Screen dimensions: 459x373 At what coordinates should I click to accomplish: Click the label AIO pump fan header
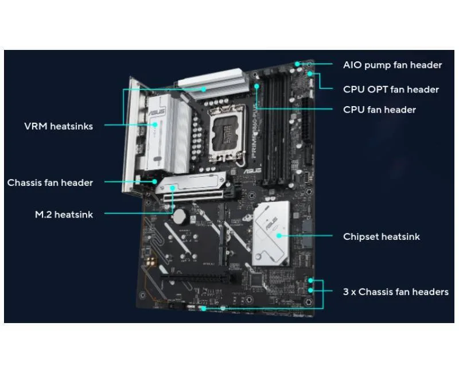(x=392, y=65)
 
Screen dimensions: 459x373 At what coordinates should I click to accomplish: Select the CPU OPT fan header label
(x=391, y=90)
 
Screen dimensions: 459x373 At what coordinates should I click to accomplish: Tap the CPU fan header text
(x=379, y=110)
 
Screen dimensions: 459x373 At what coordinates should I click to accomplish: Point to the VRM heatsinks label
(x=59, y=126)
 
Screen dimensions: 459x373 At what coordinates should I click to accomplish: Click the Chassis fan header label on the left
(x=50, y=182)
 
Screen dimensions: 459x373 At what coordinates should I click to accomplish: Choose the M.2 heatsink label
(x=64, y=214)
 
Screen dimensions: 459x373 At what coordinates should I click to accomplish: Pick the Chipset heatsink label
(x=382, y=236)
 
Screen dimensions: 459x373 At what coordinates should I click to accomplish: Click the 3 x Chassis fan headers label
(x=396, y=292)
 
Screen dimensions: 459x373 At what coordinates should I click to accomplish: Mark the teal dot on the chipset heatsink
(x=279, y=235)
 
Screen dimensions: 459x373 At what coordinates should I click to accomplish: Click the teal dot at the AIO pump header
(x=297, y=64)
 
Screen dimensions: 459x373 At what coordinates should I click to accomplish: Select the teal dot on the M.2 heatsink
(x=173, y=188)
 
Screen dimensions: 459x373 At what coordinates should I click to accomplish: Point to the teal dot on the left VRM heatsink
(x=155, y=125)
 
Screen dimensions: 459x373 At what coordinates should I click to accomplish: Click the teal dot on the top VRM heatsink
(x=204, y=90)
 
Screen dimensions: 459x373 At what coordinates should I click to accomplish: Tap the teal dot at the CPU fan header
(x=256, y=86)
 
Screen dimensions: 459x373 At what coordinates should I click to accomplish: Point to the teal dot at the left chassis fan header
(x=154, y=181)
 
